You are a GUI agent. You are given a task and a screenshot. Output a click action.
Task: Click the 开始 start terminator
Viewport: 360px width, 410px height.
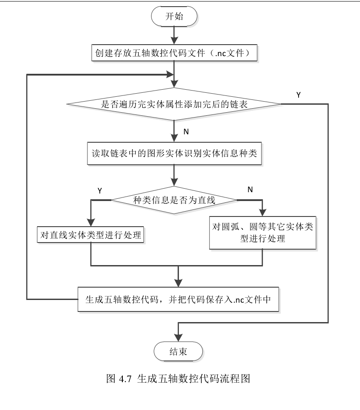tap(174, 16)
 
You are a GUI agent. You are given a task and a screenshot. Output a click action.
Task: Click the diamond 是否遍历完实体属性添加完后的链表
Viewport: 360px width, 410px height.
tap(174, 105)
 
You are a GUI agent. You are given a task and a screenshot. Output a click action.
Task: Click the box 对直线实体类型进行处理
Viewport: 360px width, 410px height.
tap(91, 235)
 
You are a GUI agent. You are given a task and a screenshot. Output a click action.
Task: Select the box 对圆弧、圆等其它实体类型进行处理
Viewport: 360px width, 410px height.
tap(263, 232)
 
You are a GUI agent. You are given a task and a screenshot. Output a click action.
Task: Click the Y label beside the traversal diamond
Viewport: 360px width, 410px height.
tap(299, 95)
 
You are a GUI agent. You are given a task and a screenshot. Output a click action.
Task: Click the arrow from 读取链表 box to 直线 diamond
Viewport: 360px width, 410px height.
tap(175, 175)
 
